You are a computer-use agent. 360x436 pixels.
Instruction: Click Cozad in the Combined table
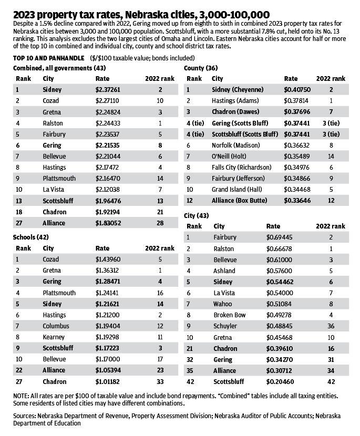coord(52,100)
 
